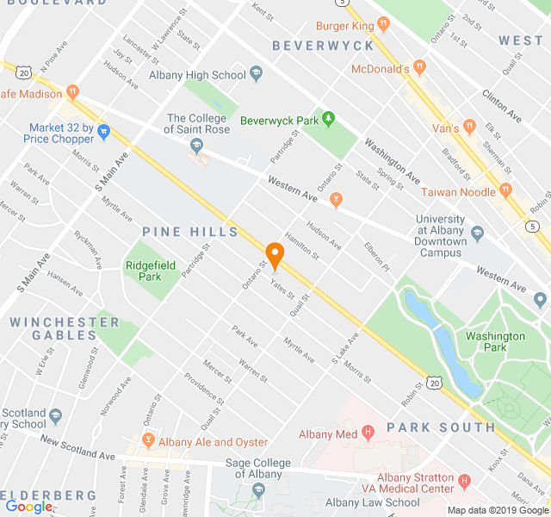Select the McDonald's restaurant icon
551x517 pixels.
[419, 68]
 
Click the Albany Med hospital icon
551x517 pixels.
[368, 433]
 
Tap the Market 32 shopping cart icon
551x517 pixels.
[104, 132]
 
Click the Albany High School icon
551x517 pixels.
[256, 75]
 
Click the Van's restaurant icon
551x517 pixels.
[469, 127]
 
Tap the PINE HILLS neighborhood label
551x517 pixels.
[190, 232]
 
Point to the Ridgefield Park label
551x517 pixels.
[143, 271]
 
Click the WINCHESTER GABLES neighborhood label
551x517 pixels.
[65, 328]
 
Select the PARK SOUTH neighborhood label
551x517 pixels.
[441, 427]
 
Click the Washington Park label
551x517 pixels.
[496, 341]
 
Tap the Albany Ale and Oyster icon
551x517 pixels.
[148, 441]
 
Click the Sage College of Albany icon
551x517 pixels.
[258, 490]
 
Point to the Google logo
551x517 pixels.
[28, 508]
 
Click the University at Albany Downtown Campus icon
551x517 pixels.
[478, 232]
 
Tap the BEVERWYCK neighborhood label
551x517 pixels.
[323, 45]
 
